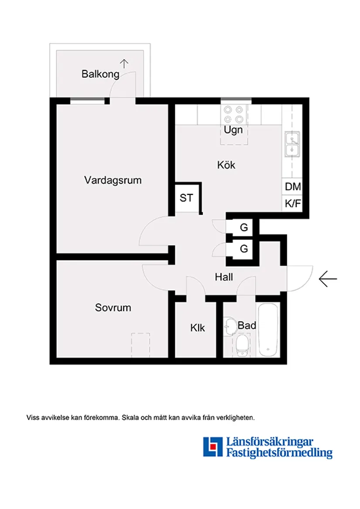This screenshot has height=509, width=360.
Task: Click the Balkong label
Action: click(100, 74)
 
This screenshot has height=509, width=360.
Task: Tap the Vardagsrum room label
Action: click(113, 180)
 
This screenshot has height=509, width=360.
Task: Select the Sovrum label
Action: click(113, 308)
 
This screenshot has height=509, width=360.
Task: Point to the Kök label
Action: click(226, 165)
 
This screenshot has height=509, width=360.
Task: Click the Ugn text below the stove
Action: click(233, 130)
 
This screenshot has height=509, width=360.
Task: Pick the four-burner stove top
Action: click(233, 114)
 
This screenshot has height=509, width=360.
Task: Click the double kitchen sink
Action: click(292, 144)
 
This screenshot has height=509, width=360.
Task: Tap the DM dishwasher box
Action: click(293, 187)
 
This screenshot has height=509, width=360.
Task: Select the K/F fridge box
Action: click(293, 203)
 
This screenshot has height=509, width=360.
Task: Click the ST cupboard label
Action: click(186, 198)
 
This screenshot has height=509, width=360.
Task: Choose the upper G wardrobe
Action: click(244, 228)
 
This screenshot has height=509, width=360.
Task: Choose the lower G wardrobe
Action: click(244, 249)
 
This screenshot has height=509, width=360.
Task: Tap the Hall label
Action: click(224, 277)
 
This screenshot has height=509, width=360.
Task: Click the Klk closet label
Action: click(197, 328)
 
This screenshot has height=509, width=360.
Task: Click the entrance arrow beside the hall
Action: click(328, 279)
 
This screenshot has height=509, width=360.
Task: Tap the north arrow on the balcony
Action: click(124, 64)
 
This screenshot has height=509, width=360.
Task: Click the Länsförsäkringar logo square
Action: click(213, 447)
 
